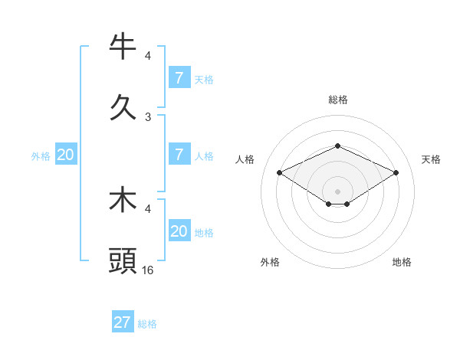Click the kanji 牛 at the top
coord(123,47)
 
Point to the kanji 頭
coord(123,260)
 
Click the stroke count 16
coord(148,270)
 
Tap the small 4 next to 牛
coord(148,56)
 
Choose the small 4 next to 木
coord(148,208)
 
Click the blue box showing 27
coord(123,322)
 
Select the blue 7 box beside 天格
coord(179,77)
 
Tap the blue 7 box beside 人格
coord(179,155)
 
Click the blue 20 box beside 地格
coord(179,231)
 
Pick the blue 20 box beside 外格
coord(65,155)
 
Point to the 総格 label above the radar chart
coord(337,100)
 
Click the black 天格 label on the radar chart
coord(431,159)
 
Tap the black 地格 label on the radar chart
coord(402,262)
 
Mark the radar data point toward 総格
coord(337,146)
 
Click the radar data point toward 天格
coord(396,173)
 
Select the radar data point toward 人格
coord(279,173)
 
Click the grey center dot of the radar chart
coord(337,191)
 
